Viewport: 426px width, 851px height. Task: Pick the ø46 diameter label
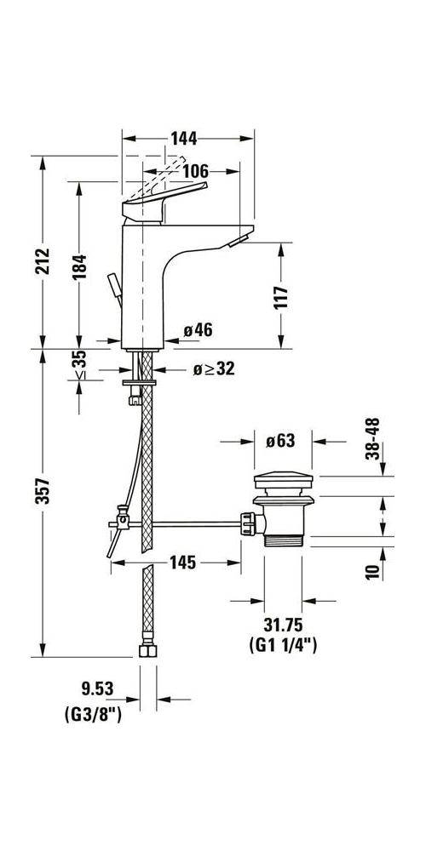pyautogui.click(x=197, y=330)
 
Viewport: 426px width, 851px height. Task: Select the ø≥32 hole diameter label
pyautogui.click(x=188, y=368)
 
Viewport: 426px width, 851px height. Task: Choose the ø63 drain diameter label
pyautogui.click(x=280, y=441)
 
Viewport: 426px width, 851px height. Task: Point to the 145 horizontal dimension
pyautogui.click(x=182, y=562)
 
